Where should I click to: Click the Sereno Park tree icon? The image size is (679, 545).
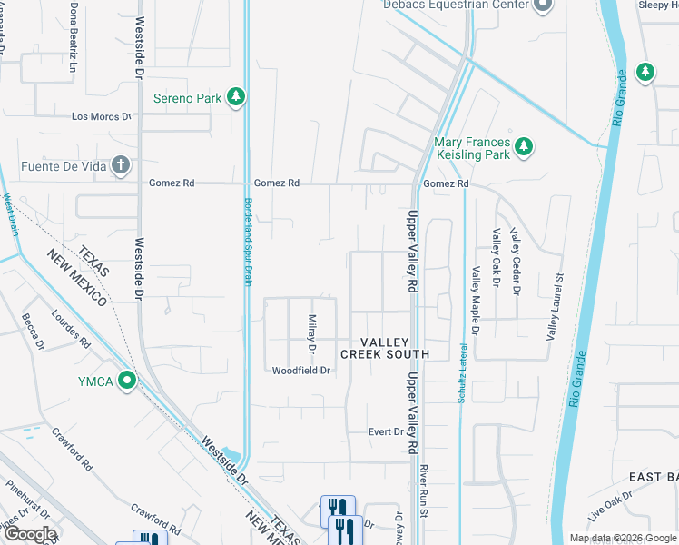pos(236,97)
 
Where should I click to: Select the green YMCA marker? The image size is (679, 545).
pos(128,381)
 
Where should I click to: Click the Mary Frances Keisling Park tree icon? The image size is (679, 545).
pos(523,146)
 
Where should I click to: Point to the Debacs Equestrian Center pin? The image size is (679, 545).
pos(544,6)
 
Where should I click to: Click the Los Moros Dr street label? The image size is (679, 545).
pos(102,116)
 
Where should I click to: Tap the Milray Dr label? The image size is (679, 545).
pos(311,333)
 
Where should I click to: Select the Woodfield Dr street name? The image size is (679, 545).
pos(300,371)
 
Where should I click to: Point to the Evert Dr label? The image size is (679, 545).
pos(385,431)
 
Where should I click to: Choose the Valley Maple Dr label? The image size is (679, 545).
pos(474,272)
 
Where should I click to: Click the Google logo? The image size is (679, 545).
pos(31,534)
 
